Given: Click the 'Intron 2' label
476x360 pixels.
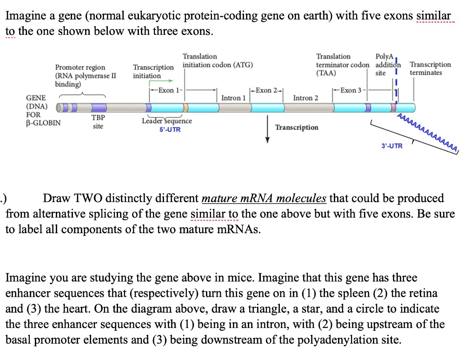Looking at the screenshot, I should point(306,98).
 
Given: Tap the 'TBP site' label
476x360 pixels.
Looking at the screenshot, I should point(98,122).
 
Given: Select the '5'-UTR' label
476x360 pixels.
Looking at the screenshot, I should point(170,130).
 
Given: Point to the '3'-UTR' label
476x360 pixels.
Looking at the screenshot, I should point(392,146).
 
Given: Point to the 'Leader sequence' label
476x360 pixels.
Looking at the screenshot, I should point(166,121).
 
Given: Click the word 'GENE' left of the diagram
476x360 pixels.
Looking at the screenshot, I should point(36,98).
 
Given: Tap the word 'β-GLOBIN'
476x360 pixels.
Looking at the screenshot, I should point(43,123).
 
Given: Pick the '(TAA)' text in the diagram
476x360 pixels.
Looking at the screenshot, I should point(326,73).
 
